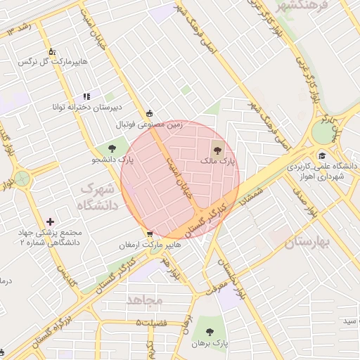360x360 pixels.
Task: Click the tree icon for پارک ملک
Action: click(x=216, y=148)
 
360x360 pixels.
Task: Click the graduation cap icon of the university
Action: click(x=322, y=155)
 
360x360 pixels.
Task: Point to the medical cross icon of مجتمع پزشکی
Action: click(x=50, y=221)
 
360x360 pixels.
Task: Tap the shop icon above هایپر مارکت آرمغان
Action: click(x=150, y=234)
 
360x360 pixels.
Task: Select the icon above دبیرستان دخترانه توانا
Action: click(x=86, y=96)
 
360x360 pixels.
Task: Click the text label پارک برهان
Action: click(x=210, y=344)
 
